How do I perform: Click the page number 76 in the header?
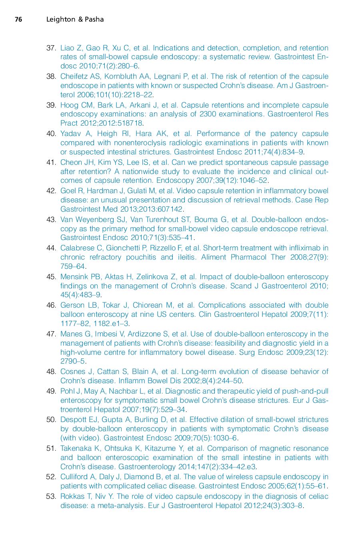coord(18,19)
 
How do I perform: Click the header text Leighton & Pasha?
coord(75,19)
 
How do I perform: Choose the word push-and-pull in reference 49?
coord(305,391)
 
